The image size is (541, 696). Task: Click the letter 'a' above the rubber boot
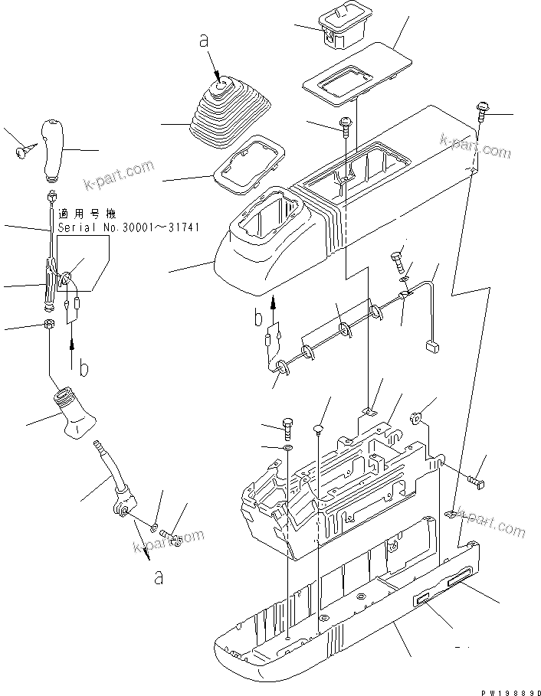pyautogui.click(x=204, y=41)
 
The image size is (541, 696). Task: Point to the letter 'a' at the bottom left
pyautogui.click(x=159, y=577)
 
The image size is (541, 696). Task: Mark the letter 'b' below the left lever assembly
pyautogui.click(x=84, y=368)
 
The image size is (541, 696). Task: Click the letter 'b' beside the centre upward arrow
pyautogui.click(x=258, y=315)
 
